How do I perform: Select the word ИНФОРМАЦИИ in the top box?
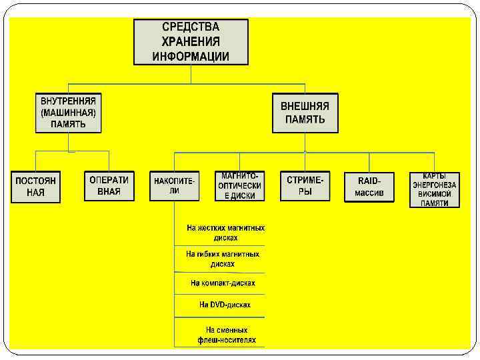[191, 56]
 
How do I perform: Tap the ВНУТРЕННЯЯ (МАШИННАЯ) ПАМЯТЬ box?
[68, 113]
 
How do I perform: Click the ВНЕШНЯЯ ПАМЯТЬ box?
[305, 113]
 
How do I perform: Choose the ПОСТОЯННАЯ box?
[36, 187]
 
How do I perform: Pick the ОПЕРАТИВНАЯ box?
[109, 186]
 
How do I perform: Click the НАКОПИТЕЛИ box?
[174, 185]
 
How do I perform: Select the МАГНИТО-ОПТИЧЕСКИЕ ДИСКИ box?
[239, 185]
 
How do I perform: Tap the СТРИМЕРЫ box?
[305, 186]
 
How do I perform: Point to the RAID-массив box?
[369, 187]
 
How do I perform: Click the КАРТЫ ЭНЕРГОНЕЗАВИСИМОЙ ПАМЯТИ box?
[435, 189]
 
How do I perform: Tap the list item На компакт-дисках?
[223, 283]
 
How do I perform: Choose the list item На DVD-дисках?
[225, 305]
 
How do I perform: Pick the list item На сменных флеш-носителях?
[226, 335]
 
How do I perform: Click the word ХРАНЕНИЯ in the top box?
[191, 42]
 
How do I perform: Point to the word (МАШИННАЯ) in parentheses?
[68, 113]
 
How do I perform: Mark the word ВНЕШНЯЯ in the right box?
[305, 106]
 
